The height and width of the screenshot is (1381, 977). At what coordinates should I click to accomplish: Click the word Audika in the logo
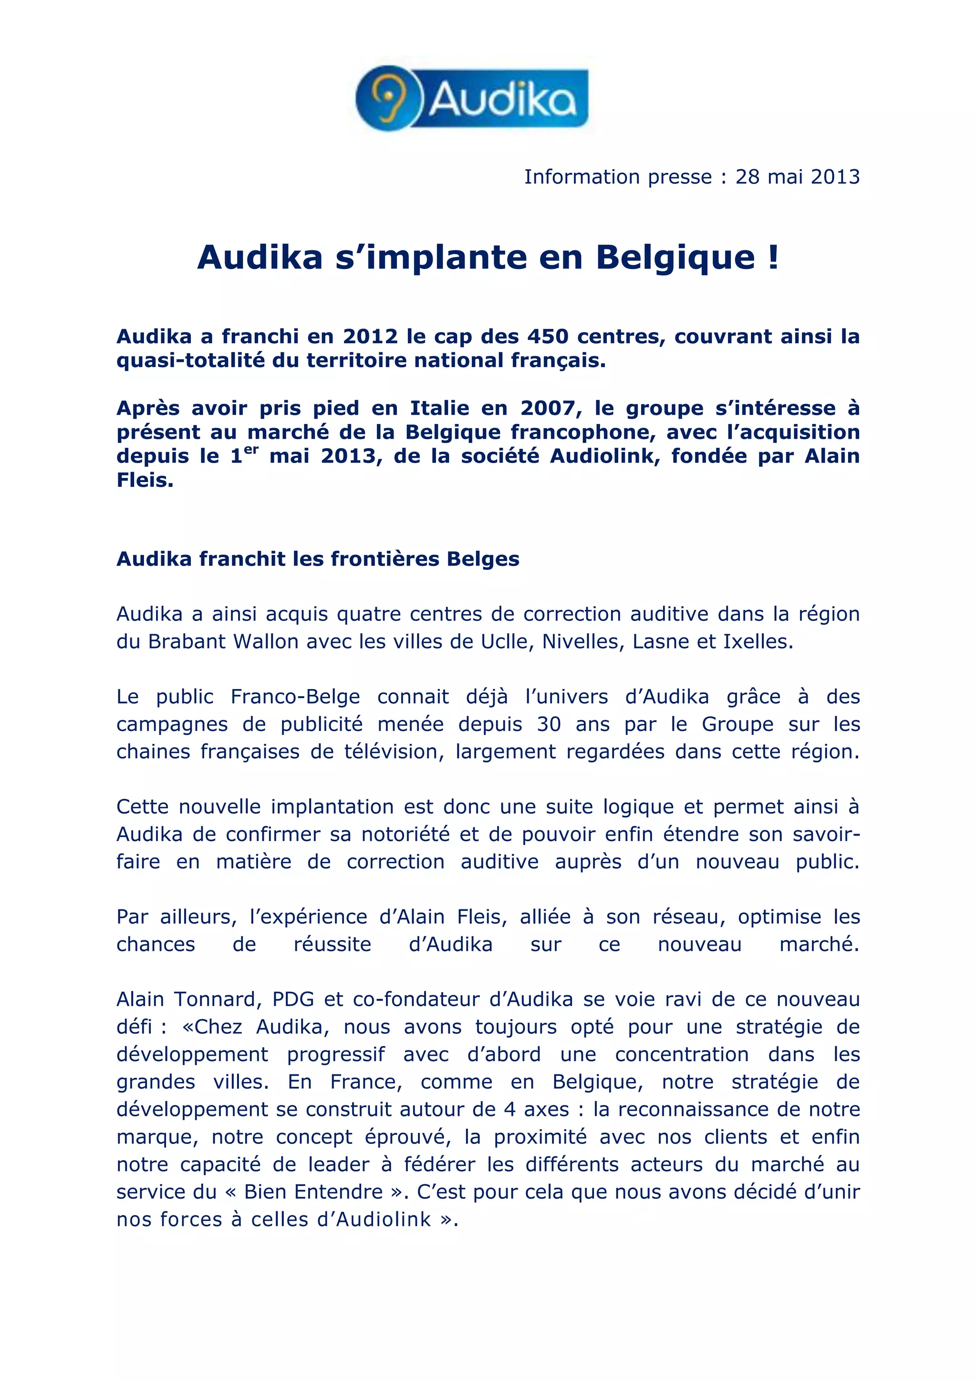503,99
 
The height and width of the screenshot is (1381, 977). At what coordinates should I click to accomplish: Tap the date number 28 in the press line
748,177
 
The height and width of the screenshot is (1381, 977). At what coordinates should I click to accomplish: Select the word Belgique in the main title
675,258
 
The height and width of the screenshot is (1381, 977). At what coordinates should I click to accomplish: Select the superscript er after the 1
250,450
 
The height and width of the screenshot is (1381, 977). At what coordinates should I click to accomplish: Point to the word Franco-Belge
295,697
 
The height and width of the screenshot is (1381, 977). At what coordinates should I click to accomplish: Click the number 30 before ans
549,724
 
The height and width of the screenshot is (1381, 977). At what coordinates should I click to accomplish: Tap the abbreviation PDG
293,999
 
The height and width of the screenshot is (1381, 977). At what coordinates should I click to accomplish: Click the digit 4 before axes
509,1109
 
